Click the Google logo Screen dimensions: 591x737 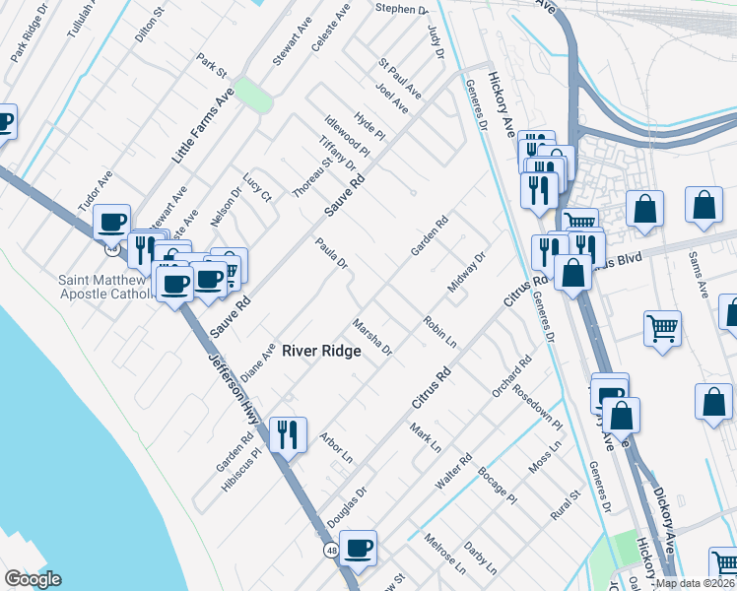(x=33, y=579)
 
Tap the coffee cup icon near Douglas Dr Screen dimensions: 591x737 (x=359, y=547)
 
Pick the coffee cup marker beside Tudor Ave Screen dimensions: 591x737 (x=112, y=221)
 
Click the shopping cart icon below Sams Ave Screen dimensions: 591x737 (x=662, y=329)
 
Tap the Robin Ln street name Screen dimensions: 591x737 (x=439, y=332)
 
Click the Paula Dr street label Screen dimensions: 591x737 (x=332, y=253)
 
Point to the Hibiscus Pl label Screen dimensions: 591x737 (x=241, y=469)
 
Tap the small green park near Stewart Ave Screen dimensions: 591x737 (x=254, y=96)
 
